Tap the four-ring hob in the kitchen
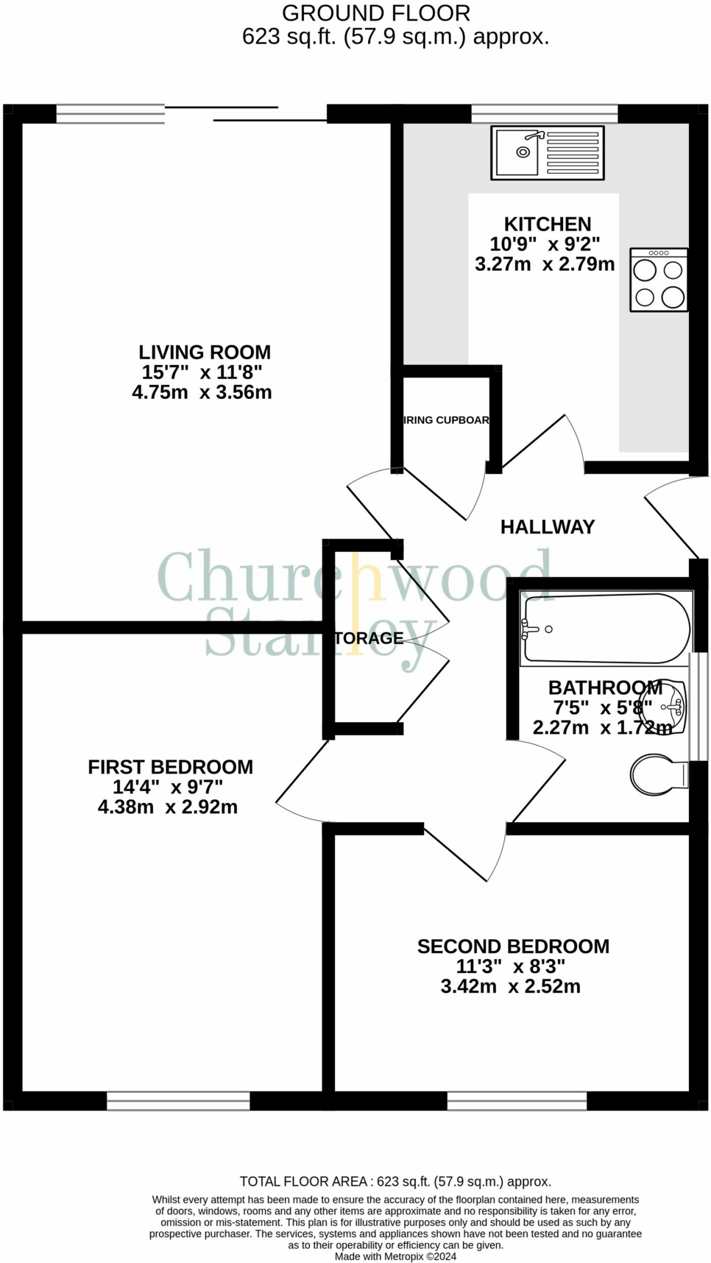659,280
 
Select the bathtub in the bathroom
606,628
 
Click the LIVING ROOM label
204,352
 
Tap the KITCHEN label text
548,224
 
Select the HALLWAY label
548,527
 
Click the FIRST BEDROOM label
170,767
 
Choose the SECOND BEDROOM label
513,946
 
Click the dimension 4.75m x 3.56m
202,392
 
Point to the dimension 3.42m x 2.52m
511,986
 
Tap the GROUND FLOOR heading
376,13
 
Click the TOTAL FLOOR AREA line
395,1182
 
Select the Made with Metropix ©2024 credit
395,1256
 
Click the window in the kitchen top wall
545,113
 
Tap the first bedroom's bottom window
178,1101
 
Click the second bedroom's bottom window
517,1101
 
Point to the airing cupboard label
446,420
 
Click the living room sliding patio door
245,114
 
